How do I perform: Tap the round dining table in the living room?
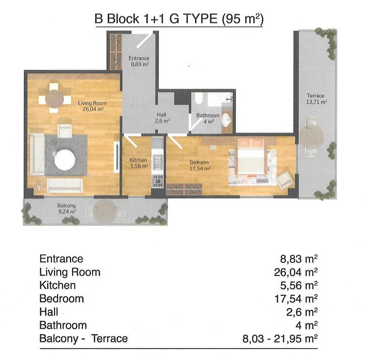point(54,99)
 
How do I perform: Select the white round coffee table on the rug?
point(65,160)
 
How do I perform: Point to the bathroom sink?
point(227,120)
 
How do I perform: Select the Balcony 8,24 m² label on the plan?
point(67,208)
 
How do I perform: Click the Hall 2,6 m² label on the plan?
point(162,118)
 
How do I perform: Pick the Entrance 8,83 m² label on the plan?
point(139,61)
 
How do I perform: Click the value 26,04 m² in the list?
point(296,272)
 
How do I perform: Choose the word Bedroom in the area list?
point(62,298)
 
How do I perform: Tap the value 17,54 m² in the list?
point(296,299)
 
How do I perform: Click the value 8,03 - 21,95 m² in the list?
point(280,339)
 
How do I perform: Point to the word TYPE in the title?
point(200,19)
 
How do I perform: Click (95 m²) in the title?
point(243,19)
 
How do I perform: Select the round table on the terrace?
point(311,137)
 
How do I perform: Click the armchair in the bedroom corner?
point(285,181)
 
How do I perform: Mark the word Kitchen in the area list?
point(57,285)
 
